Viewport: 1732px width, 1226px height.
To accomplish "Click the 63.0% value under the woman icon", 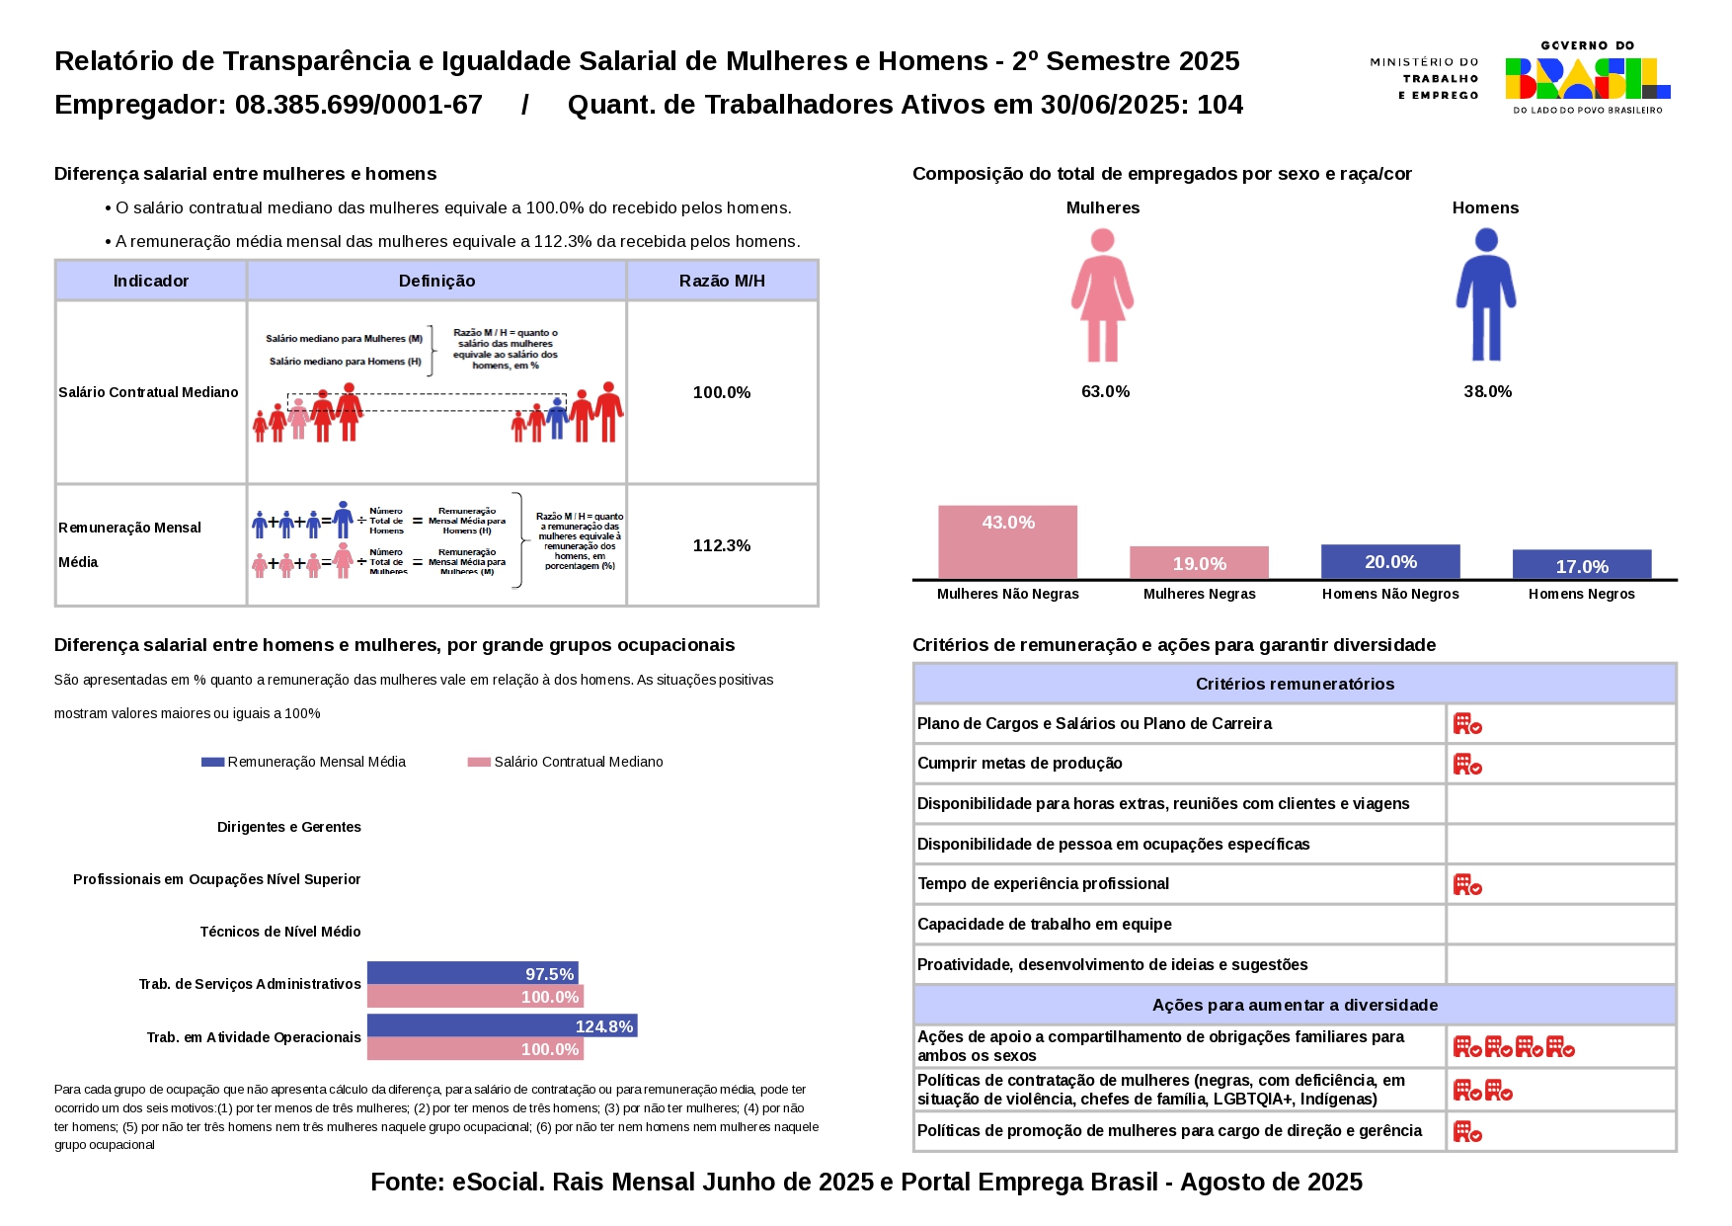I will [x=1105, y=392].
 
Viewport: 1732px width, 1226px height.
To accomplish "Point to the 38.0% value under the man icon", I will [x=1487, y=392].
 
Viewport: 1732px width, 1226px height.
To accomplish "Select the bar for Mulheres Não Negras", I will [x=1007, y=542].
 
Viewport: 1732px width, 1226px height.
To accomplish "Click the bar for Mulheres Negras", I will [x=1199, y=562].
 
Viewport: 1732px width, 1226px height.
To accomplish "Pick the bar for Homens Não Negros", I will [x=1390, y=561].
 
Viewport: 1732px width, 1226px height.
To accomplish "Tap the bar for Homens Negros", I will [x=1581, y=564].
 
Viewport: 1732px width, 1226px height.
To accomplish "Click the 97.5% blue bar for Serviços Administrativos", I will [x=472, y=973].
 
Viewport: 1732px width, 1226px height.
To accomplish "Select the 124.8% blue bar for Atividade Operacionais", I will [x=502, y=1025].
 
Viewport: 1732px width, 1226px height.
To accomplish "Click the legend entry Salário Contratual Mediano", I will [x=567, y=762].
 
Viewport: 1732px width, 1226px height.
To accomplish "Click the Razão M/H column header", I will [x=722, y=281].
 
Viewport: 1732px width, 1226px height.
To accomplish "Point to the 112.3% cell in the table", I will [x=722, y=545].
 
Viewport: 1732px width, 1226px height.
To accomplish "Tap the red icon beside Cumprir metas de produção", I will [x=1467, y=764].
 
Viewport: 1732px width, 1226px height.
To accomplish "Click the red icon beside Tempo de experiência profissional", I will [x=1467, y=884].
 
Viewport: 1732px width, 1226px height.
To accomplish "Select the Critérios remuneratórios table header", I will [x=1295, y=684].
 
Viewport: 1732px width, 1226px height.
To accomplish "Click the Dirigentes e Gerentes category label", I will [x=289, y=827].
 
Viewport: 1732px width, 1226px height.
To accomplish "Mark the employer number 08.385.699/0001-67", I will [x=358, y=105].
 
